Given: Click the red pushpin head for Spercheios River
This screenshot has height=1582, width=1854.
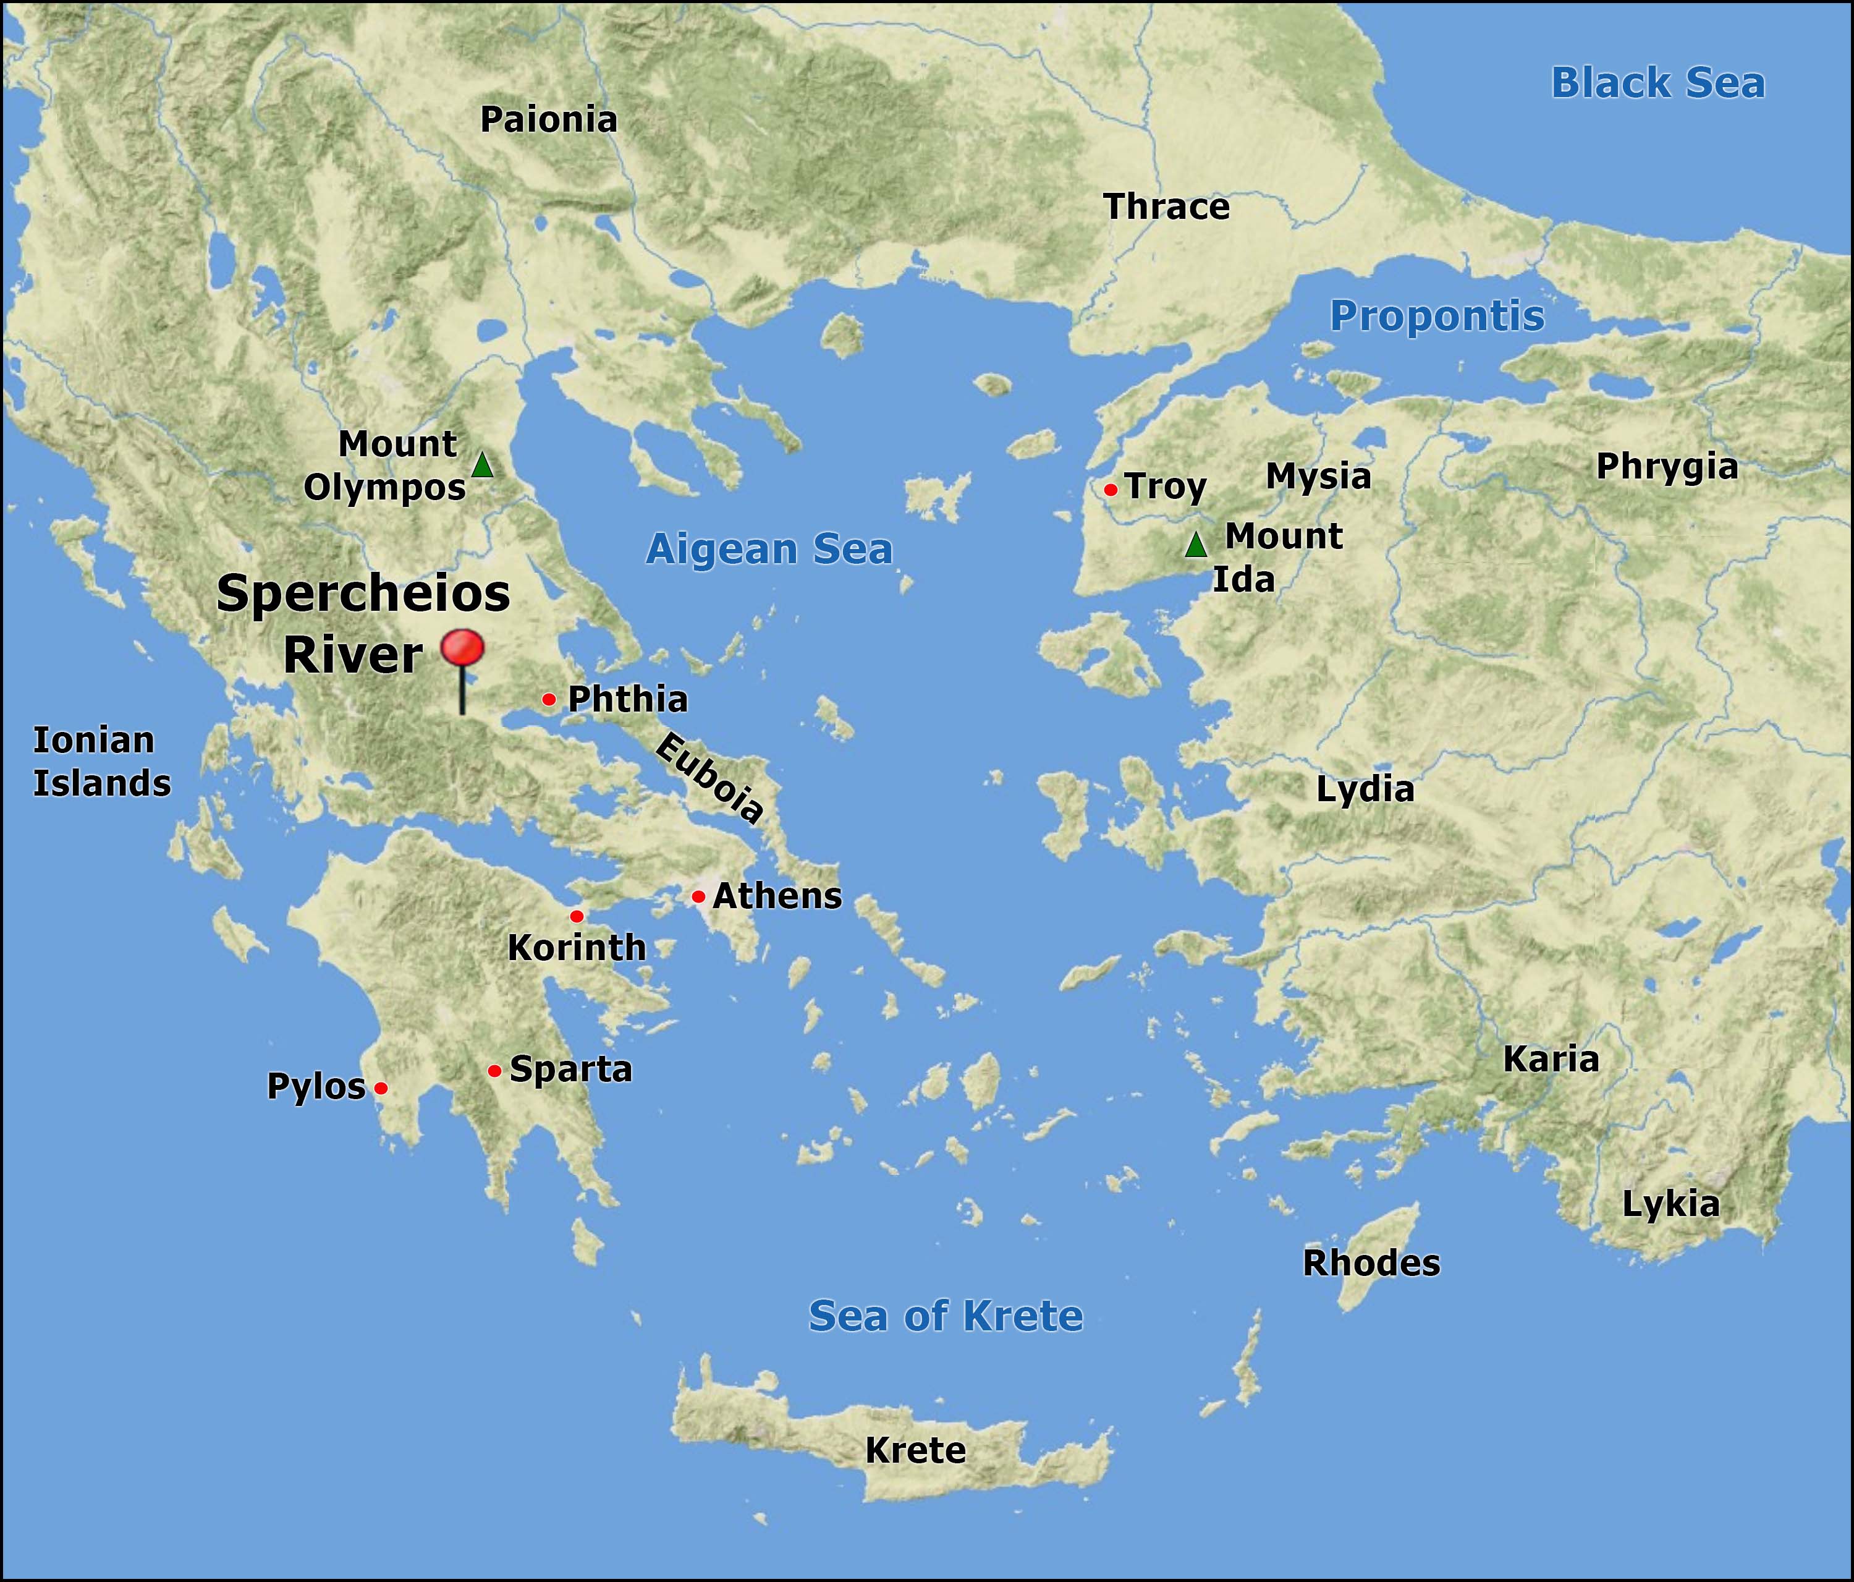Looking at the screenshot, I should point(463,649).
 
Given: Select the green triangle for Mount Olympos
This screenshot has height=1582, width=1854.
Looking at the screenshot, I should point(482,466).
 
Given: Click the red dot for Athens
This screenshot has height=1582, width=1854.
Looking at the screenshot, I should point(698,896).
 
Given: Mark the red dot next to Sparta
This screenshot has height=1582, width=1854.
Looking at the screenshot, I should point(494,1071).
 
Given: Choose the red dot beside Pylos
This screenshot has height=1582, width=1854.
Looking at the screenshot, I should point(380,1088).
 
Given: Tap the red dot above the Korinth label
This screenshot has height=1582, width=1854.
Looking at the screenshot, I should point(576,916).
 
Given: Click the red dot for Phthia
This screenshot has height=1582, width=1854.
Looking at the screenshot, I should point(549,699).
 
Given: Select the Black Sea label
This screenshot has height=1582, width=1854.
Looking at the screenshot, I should point(1657,83).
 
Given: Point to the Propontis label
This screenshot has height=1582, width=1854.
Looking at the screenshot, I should point(1436,316).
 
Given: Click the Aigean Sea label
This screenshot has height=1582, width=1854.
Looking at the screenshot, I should point(769,549).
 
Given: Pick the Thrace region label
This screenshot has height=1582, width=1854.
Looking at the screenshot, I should point(1166,207).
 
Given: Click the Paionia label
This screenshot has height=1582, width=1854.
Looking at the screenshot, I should point(549,120).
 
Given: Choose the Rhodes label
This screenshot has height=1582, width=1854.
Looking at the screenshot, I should point(1371,1263).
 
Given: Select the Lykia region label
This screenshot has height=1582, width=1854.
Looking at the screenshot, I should point(1670,1204).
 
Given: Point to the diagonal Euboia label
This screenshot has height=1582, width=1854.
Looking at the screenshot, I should point(709,777).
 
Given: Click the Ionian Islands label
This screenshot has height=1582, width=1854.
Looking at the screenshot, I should point(101,762).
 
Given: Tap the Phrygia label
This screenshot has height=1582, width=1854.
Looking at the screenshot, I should point(1667,467).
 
